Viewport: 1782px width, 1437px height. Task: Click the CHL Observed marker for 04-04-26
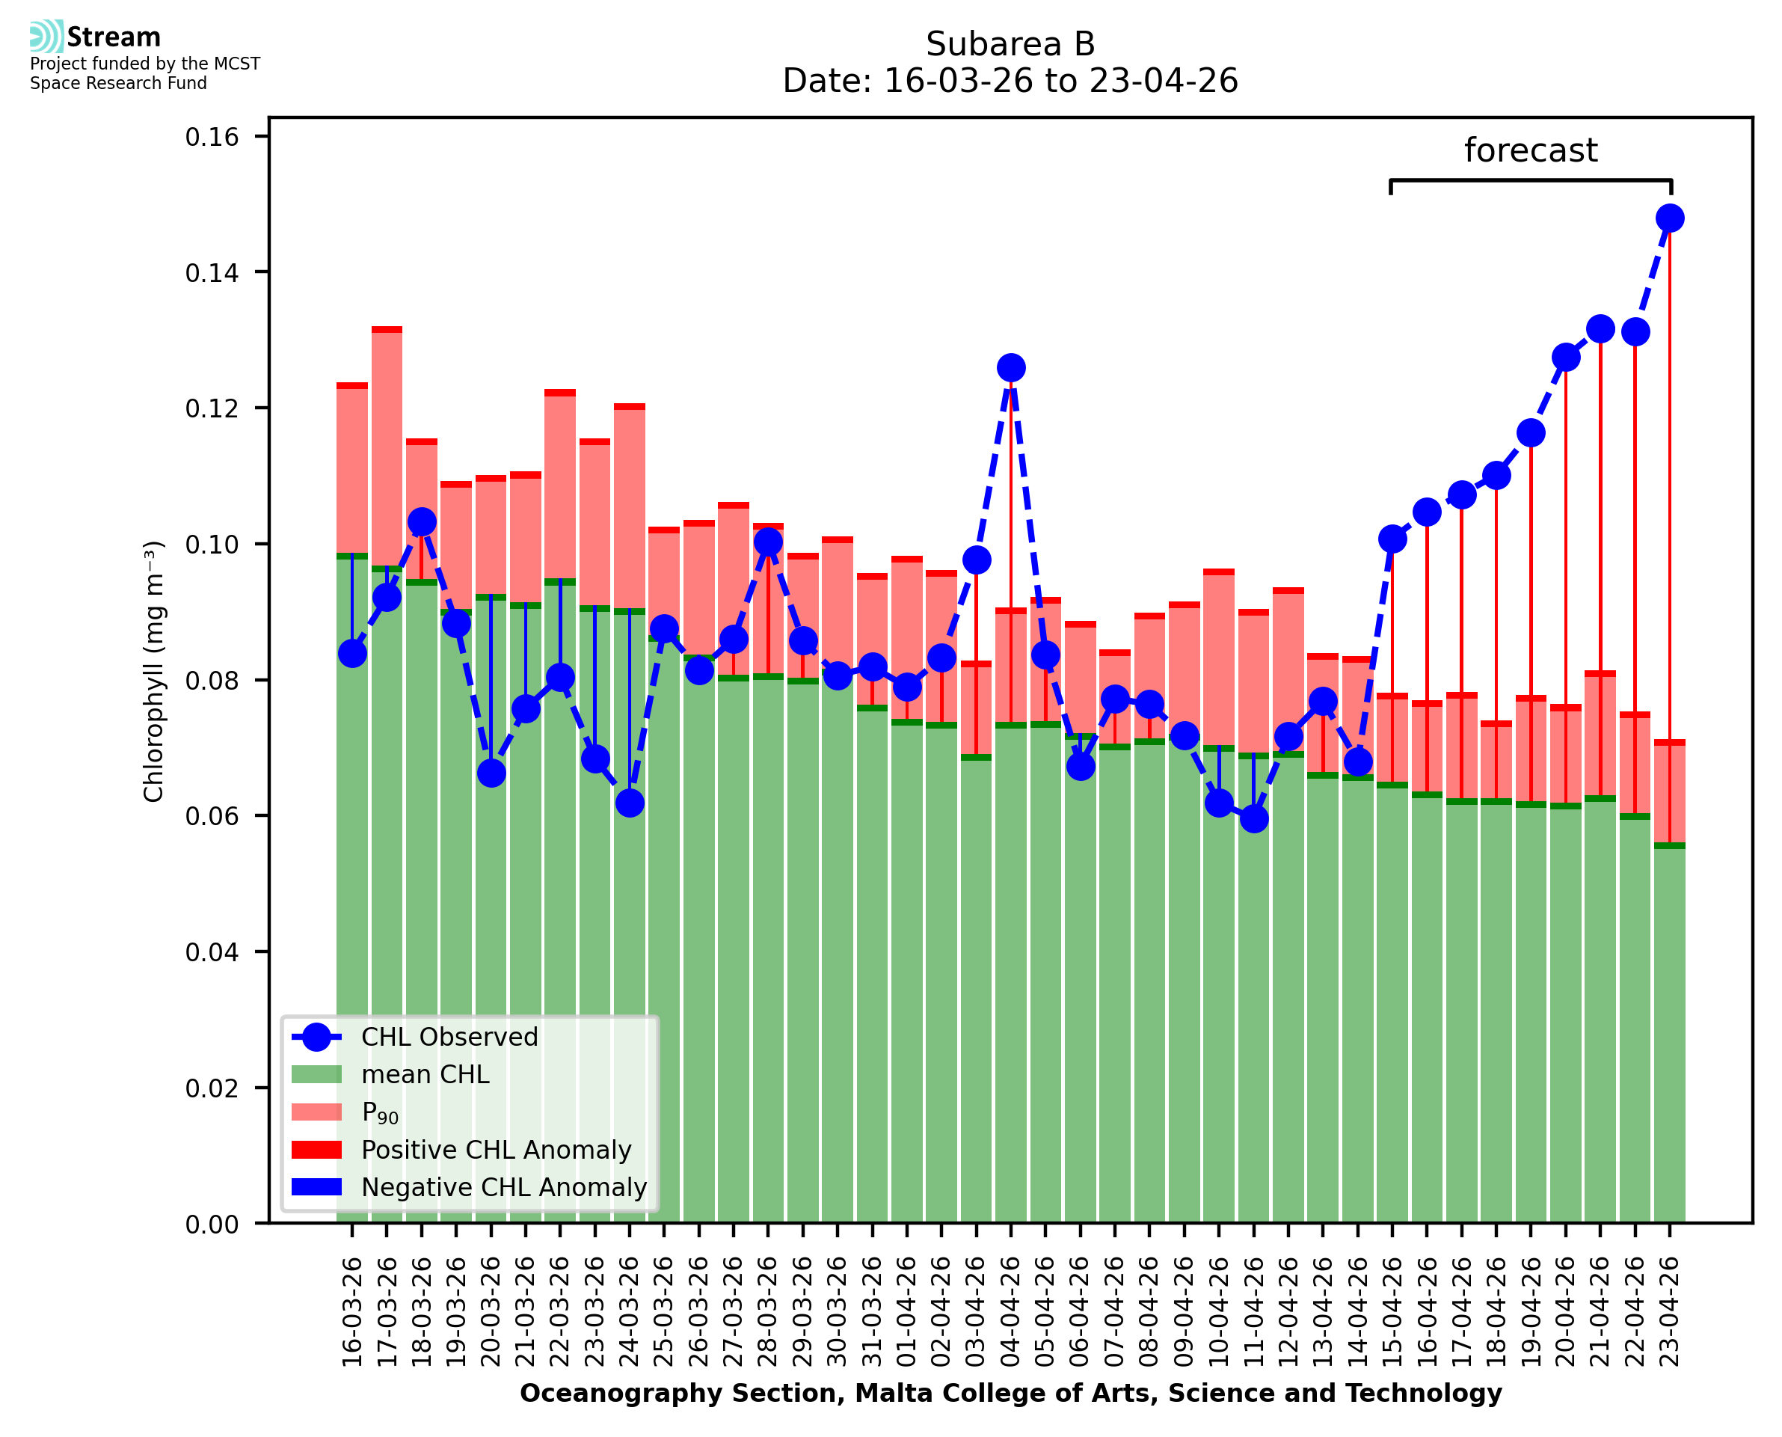[x=1010, y=367]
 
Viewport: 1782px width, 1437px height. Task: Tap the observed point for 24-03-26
[x=630, y=803]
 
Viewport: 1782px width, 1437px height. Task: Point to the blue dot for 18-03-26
[x=422, y=522]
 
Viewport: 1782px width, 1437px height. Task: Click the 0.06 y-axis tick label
[x=212, y=817]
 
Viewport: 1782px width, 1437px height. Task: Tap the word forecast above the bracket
[x=1531, y=150]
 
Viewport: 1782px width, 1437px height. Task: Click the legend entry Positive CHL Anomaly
[x=496, y=1150]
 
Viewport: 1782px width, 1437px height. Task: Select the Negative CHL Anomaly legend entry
[x=503, y=1187]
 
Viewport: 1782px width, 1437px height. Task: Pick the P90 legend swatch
[x=317, y=1112]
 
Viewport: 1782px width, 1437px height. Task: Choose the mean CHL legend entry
[x=425, y=1074]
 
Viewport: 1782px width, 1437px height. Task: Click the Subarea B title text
[x=1010, y=44]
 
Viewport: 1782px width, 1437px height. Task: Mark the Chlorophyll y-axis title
[x=154, y=671]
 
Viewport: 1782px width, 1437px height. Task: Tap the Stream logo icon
[x=46, y=37]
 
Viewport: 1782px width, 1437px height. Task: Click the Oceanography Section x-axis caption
[x=1010, y=1393]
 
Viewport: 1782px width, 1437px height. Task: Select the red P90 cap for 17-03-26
[x=387, y=329]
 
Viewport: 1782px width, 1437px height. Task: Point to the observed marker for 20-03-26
[x=491, y=773]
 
